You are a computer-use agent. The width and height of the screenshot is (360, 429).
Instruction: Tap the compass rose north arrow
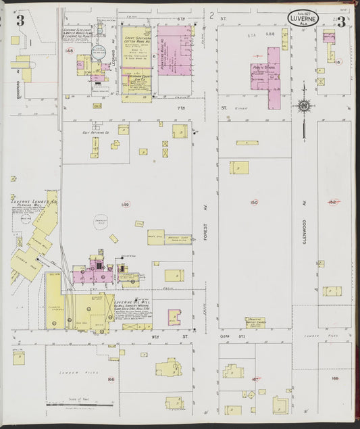303,107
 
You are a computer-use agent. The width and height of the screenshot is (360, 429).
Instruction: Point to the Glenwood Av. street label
305,230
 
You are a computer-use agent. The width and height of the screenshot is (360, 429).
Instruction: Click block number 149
125,204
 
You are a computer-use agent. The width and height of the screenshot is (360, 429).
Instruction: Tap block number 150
254,202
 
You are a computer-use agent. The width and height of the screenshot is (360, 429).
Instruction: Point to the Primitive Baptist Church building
255,321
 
